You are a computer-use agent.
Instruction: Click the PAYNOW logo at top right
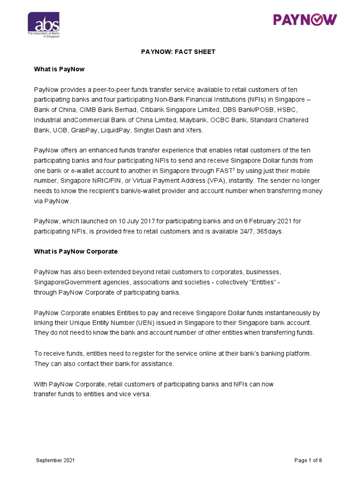(305, 20)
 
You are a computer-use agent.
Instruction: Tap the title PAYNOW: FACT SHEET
(178, 52)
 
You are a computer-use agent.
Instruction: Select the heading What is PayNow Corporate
(75, 251)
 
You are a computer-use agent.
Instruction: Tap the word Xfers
(194, 130)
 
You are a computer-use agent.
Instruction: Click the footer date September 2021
(55, 460)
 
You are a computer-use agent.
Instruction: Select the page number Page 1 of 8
(308, 460)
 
